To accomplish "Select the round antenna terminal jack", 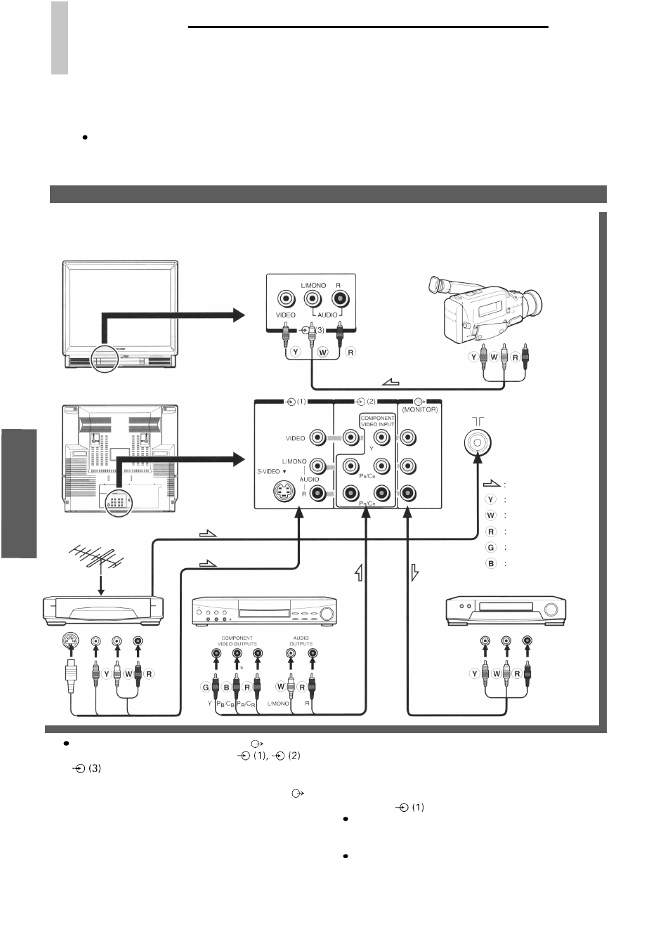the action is click(x=478, y=442).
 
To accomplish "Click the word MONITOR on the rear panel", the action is click(x=419, y=409).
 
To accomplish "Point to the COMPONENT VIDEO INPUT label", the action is click(x=377, y=421).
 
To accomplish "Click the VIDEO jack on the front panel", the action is click(x=286, y=299).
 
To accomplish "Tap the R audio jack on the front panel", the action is click(x=341, y=299).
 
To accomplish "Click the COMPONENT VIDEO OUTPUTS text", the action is click(x=237, y=640).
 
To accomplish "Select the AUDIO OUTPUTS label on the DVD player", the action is click(x=301, y=640).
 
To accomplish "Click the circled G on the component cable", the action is click(x=206, y=687).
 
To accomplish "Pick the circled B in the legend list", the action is click(x=490, y=563).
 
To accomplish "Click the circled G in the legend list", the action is click(x=490, y=547).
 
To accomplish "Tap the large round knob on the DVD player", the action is click(x=327, y=613).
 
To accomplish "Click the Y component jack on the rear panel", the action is click(x=381, y=437).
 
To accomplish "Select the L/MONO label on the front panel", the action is click(x=313, y=285).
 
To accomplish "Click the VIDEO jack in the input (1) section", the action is click(x=317, y=437).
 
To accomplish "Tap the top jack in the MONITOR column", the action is click(x=407, y=437).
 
